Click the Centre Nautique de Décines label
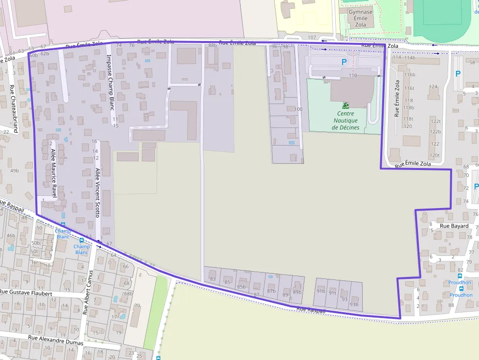point(346,121)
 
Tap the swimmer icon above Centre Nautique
point(346,106)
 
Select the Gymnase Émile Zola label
point(361,19)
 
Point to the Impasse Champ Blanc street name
point(110,82)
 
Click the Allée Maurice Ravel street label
point(54,173)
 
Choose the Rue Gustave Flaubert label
point(26,293)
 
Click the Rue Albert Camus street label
point(89,291)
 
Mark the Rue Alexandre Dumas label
point(55,340)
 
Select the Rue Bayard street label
point(454,226)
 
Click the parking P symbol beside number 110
point(344,62)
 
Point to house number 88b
point(213,45)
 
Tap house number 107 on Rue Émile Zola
point(312,38)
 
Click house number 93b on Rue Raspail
point(354,305)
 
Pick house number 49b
point(14,170)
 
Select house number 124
point(433,86)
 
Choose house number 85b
point(241,287)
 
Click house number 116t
point(409,88)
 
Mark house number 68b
point(129,294)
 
